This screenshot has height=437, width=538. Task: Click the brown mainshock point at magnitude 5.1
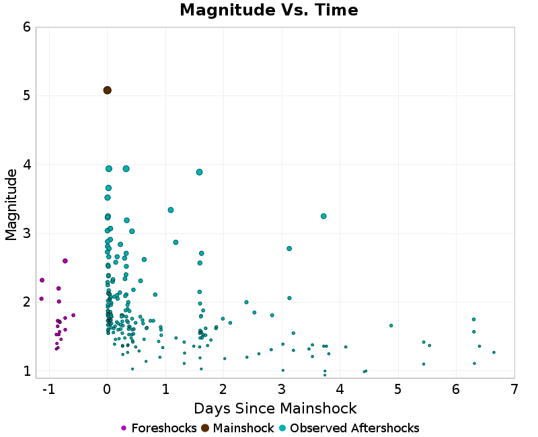[107, 90]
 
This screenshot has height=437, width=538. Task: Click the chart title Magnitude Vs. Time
[269, 11]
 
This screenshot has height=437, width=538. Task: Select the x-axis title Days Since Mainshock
[275, 408]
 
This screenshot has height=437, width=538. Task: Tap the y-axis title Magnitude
[11, 204]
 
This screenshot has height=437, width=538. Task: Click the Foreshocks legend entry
[159, 428]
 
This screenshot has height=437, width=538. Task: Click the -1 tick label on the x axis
[46, 389]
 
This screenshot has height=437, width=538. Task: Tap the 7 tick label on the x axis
[514, 389]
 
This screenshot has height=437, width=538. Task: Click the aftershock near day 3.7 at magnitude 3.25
[323, 216]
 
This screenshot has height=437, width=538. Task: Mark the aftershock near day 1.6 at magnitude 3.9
[199, 172]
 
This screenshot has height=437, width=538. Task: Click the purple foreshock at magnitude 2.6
[65, 261]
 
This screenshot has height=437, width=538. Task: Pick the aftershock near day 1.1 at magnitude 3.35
[171, 210]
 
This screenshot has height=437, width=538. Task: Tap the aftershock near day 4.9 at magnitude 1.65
[391, 325]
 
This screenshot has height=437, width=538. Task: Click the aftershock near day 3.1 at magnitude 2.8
[289, 249]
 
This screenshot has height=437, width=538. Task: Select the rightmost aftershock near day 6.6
[494, 352]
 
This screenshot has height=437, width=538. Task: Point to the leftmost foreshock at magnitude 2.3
[42, 280]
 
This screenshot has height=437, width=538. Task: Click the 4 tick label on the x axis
[340, 389]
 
